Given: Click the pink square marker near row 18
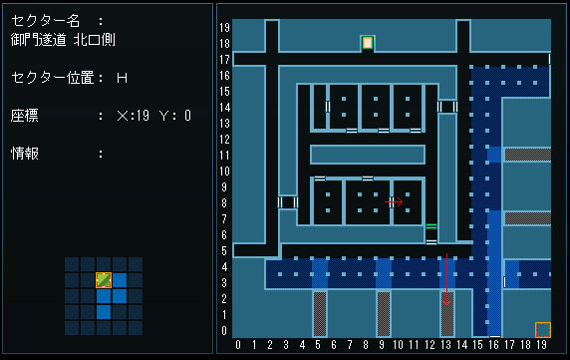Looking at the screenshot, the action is coord(368,43).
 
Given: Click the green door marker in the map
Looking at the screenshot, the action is coord(431,226).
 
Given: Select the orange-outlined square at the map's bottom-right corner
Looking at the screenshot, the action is coord(543,330).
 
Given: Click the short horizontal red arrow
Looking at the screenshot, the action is coord(394,201).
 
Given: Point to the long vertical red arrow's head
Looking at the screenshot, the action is coord(446,303).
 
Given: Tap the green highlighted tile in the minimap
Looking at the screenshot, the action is coord(104,280).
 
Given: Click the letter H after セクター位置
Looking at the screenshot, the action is coord(123,78).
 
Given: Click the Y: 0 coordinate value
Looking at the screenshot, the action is coord(175,116).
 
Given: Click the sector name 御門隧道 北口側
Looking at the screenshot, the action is coord(63,40).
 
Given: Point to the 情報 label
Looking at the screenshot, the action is coord(25,154).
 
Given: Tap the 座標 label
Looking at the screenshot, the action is coord(25,116).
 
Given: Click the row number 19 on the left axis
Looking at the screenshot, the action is coord(224,27).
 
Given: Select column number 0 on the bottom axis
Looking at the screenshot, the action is coord(238,344).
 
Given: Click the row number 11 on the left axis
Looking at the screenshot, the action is coord(224,156).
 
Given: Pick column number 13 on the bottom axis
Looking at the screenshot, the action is coord(446,344).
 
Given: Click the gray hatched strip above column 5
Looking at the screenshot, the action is coord(320,314).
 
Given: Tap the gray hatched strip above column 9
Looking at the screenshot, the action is coord(384,314).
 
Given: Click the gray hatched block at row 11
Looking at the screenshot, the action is coord(528,155).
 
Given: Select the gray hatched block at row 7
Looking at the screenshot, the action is coord(528,218).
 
